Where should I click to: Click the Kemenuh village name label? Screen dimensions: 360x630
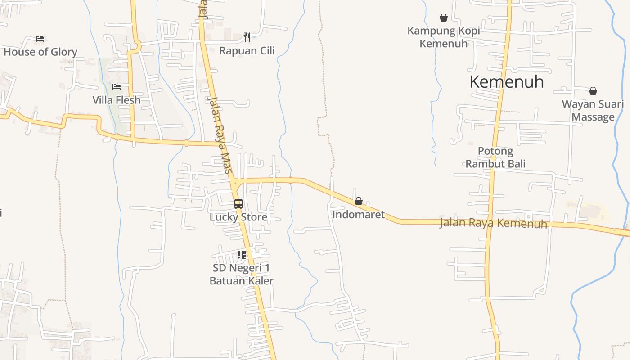pos(506,82)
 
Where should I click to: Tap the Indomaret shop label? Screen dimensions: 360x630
pos(358,215)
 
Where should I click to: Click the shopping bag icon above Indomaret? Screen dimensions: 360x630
pos(359,201)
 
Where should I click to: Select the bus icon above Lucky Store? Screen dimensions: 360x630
pos(238,203)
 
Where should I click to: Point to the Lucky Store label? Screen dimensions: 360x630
pos(238,217)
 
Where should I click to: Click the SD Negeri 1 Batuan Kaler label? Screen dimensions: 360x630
pos(242,274)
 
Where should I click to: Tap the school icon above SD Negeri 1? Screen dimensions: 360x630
pos(242,255)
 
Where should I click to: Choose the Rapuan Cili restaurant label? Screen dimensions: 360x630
pos(247,51)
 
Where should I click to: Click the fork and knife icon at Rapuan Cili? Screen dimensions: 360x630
pos(247,37)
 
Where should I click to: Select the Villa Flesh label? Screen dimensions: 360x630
pos(117,100)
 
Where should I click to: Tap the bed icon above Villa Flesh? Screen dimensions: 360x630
pos(117,86)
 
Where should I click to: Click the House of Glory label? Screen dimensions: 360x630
pos(40,52)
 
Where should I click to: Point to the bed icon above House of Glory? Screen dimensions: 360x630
pos(40,39)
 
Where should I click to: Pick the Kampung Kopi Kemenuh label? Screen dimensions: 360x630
pos(444,37)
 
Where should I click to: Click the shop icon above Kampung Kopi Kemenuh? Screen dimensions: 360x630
pos(444,18)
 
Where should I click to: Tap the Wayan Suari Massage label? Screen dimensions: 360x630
pos(593,111)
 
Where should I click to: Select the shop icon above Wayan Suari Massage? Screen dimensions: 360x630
pos(593,91)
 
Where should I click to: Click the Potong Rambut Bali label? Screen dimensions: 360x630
pos(495,157)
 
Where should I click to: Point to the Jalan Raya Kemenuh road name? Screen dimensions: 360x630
pos(493,223)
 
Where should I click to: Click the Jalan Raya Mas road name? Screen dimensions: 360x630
pos(220,135)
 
